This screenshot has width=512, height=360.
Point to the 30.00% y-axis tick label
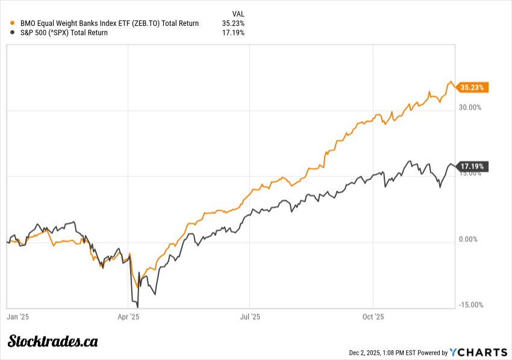470,108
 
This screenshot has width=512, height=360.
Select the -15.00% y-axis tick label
470,305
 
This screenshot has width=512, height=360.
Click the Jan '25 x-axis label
17,316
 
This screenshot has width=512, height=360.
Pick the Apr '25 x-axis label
128,316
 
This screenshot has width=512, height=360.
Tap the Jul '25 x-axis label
250,316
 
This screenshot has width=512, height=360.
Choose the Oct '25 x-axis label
373,316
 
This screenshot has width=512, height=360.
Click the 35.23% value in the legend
233,23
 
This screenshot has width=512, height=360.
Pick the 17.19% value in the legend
233,33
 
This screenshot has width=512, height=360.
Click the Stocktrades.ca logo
53,341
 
